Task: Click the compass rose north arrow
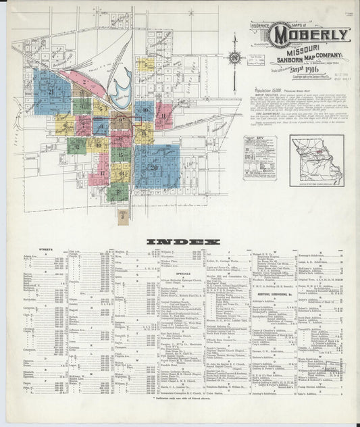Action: [235, 57]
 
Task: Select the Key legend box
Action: [259, 157]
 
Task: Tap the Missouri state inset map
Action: [316, 161]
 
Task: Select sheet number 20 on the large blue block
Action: [154, 168]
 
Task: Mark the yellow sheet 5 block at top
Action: [144, 64]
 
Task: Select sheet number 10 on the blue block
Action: [143, 109]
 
